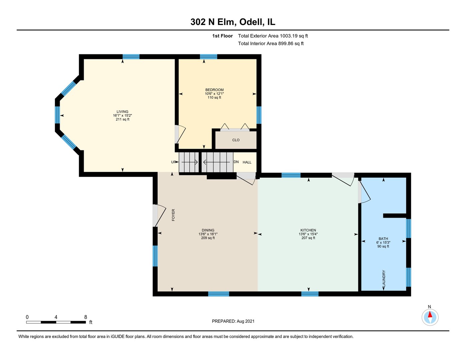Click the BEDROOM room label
(x=214, y=90)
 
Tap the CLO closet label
(x=236, y=140)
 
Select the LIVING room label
(x=122, y=111)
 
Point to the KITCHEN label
(x=308, y=230)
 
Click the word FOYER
(x=173, y=215)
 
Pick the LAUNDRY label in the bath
(x=384, y=278)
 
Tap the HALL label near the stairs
(x=247, y=162)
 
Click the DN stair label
(x=236, y=162)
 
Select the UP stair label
(x=173, y=162)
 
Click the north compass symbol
(x=430, y=317)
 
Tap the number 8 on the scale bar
(x=86, y=317)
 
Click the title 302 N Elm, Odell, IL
(x=233, y=22)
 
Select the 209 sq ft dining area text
(x=208, y=238)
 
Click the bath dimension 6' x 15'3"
(x=383, y=243)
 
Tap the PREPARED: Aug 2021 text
(x=233, y=321)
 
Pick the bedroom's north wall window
(x=208, y=57)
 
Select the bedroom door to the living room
(x=180, y=134)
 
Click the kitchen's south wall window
(x=310, y=294)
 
